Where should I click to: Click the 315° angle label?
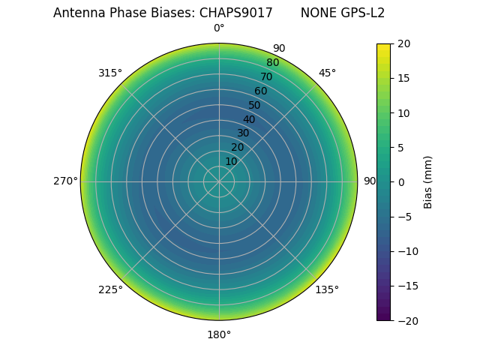click(x=110, y=73)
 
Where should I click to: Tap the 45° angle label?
click(x=327, y=73)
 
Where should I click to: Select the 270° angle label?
click(x=65, y=181)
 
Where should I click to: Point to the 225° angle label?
click(x=110, y=289)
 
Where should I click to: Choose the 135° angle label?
click(x=327, y=289)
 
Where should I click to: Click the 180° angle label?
click(x=219, y=334)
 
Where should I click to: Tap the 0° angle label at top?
click(x=219, y=28)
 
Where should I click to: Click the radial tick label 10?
click(x=231, y=161)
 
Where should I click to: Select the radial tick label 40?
click(x=249, y=119)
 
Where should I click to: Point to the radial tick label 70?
click(x=266, y=76)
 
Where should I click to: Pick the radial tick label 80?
click(x=272, y=63)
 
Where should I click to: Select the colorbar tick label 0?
click(x=401, y=182)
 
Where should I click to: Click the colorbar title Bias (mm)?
click(x=428, y=182)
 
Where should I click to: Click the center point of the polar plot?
click(x=219, y=181)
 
